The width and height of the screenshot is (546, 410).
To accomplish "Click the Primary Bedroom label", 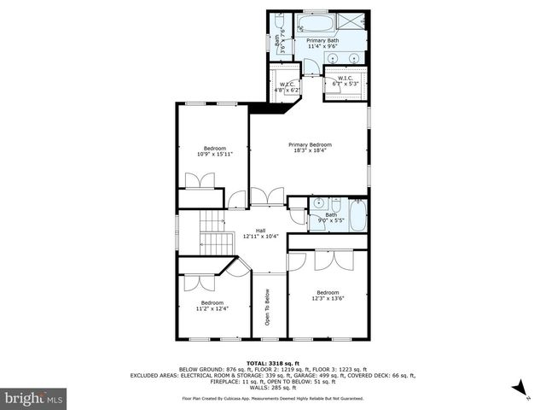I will [309, 148].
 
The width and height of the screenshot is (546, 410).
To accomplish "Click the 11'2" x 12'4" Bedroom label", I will [212, 306].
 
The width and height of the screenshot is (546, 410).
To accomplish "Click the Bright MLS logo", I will [34, 398].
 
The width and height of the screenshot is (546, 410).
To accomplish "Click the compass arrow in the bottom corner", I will [517, 389].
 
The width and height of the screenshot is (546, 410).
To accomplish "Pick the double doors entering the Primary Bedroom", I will [267, 196].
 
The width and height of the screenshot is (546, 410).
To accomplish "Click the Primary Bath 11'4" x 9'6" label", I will [322, 44].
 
